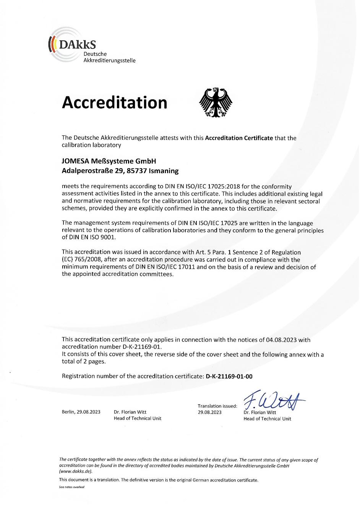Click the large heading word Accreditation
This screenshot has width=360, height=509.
tap(115, 102)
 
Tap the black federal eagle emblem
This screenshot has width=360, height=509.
tap(216, 102)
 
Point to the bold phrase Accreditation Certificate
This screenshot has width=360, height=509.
tap(239, 138)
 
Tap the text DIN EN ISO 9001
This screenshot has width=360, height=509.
tap(88, 237)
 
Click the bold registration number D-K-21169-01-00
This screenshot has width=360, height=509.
tap(229, 376)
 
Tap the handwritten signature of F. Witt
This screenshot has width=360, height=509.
tap(273, 400)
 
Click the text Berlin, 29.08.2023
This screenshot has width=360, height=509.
tap(81, 412)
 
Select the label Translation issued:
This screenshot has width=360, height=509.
tap(217, 406)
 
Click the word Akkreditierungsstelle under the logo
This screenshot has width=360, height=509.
tap(109, 60)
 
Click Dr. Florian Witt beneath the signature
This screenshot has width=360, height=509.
tap(259, 412)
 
